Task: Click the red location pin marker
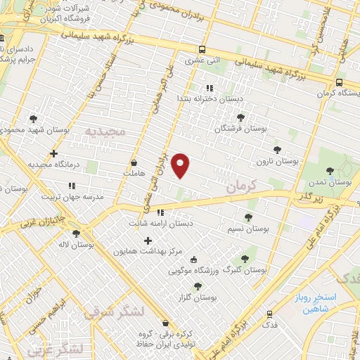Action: pos(181,165)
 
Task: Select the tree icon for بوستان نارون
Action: pos(277,149)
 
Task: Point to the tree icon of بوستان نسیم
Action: pos(247,217)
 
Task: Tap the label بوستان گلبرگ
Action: pos(250,270)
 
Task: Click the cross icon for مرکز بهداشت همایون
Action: pos(148,241)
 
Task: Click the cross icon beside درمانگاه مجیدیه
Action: pos(53,153)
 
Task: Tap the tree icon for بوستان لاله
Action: pos(76,233)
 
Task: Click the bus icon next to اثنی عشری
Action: pos(202,49)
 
